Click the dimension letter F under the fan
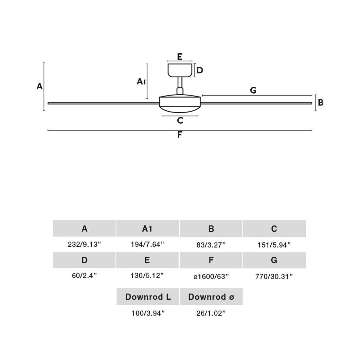[180, 135]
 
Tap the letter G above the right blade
[253, 90]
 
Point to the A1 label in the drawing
[141, 81]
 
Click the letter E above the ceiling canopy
[180, 57]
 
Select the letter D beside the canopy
[200, 70]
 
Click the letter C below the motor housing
[180, 120]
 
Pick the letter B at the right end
[321, 102]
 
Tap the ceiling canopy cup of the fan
[180, 70]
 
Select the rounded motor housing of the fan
[180, 103]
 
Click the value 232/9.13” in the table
[84, 244]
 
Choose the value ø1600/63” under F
[211, 277]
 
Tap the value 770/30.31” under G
[274, 277]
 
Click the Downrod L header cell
[148, 297]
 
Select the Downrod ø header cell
[211, 297]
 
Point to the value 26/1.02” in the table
[211, 313]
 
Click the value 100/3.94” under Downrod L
[148, 313]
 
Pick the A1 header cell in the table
[147, 228]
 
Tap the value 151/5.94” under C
[274, 244]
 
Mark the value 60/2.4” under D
[84, 276]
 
